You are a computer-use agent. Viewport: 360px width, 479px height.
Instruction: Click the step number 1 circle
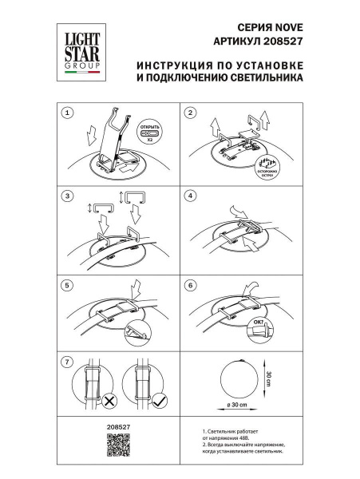[x=68, y=113]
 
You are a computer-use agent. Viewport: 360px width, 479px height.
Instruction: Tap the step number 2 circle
[x=190, y=113]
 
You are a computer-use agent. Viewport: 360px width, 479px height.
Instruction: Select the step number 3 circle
[x=68, y=196]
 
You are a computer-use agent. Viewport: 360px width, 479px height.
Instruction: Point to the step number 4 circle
[x=190, y=196]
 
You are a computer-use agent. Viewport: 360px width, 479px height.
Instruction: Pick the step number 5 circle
[x=68, y=284]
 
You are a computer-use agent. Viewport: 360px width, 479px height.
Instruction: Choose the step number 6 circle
[x=190, y=284]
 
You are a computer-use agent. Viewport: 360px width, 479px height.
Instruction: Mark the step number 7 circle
[x=68, y=361]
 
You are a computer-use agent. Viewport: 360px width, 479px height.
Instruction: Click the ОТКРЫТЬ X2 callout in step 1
[x=151, y=132]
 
